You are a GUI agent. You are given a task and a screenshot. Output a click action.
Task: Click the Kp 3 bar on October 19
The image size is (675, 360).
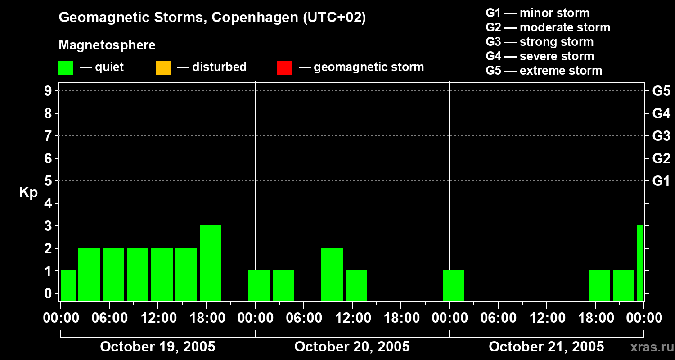point(211,263)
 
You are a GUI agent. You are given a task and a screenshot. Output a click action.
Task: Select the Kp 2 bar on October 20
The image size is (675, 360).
point(332,274)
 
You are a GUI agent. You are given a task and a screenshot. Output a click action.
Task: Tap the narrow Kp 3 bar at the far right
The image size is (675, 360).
point(640,263)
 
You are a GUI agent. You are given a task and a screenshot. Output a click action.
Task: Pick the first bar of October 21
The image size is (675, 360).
point(454,285)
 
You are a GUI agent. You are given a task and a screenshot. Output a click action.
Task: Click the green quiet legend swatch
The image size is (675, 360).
point(66,67)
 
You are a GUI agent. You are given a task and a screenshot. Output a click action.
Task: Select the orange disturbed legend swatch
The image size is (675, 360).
point(163,67)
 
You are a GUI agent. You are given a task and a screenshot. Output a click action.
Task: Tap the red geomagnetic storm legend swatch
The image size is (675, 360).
point(284,67)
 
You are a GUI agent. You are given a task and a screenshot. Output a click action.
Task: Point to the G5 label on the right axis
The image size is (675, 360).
point(661,91)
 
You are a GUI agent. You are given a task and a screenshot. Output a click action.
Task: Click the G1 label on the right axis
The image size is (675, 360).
point(661,181)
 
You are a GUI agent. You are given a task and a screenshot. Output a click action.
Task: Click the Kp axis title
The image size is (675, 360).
point(28,193)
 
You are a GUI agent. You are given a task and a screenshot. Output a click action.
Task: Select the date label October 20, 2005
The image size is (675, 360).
point(352,346)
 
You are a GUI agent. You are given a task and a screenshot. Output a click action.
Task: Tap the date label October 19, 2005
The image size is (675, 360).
point(157,346)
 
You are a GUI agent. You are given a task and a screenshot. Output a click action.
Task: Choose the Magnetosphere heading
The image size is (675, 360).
point(107,45)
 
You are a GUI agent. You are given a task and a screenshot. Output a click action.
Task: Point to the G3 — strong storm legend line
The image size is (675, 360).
point(540,42)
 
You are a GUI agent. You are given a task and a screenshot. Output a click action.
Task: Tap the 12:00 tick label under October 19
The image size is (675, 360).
point(158,318)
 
